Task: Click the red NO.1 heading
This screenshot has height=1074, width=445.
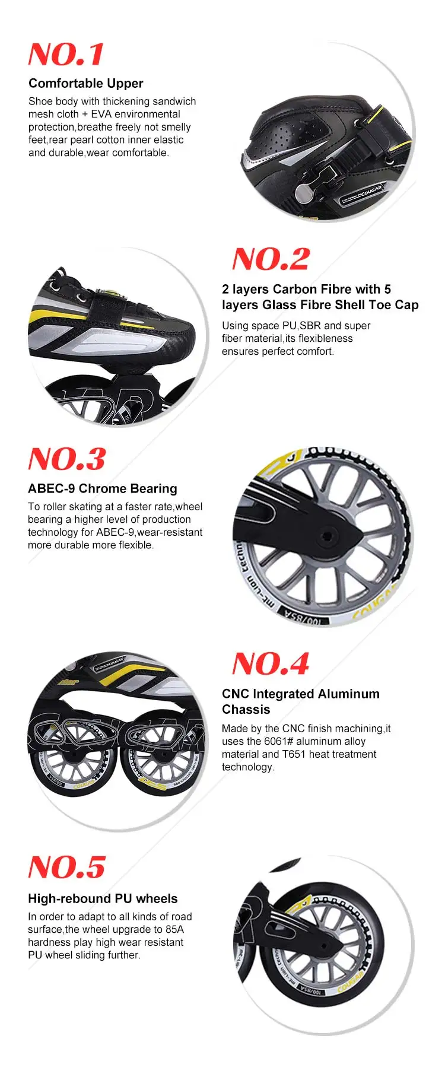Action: coord(66,55)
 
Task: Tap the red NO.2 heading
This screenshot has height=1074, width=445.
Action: coord(271,259)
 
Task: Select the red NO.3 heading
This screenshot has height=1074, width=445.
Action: coord(66,459)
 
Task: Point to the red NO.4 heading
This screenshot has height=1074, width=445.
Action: coord(271,664)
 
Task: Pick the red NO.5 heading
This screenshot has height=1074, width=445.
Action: coord(66,868)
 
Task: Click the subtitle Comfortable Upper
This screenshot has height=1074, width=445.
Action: coord(86,84)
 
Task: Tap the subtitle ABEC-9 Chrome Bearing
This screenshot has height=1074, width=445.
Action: coord(103,489)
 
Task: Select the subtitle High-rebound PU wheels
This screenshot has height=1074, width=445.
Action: coord(103,899)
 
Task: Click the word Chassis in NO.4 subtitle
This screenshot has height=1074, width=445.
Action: coord(246,710)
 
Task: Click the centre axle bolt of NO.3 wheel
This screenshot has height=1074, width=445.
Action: coord(326,537)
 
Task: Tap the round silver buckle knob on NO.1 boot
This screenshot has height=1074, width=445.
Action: coord(304,191)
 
